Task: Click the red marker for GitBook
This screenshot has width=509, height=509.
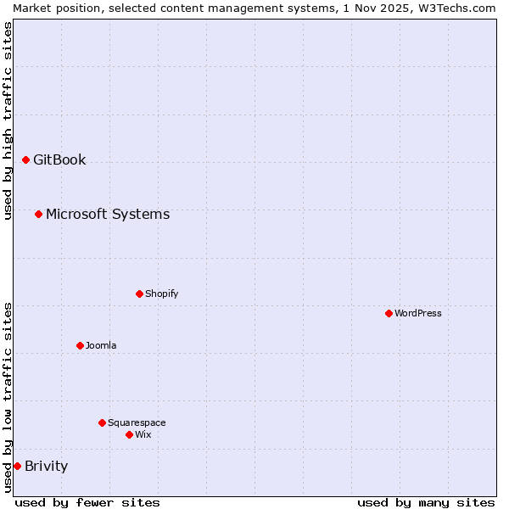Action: [x=25, y=159]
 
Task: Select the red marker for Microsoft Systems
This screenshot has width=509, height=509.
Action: [x=38, y=214]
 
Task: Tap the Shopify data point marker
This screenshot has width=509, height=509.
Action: [x=139, y=294]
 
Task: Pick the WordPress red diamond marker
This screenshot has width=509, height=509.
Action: [x=389, y=313]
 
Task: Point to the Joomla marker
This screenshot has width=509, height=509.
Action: [x=80, y=345]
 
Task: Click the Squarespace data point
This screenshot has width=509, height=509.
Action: [x=102, y=422]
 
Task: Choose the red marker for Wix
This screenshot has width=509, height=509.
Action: [x=129, y=434]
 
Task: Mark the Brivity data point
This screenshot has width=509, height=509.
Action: [x=17, y=466]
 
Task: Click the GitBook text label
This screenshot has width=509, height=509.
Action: [x=59, y=159]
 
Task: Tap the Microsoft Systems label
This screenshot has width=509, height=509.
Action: [x=108, y=214]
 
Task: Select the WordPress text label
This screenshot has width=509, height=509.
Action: [x=418, y=313]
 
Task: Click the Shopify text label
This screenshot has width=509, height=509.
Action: [x=162, y=294]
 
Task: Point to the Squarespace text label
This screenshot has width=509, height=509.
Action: [x=137, y=422]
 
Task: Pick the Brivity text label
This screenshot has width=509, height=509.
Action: [x=47, y=466]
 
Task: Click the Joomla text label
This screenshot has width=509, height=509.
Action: [x=101, y=345]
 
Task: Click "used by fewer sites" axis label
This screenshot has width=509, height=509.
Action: [x=87, y=502]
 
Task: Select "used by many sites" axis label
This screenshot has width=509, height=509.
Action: [x=426, y=502]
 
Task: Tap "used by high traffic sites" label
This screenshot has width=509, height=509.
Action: [x=8, y=120]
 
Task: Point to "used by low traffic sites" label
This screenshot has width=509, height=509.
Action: [x=8, y=397]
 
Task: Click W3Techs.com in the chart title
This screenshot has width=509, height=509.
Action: [x=456, y=8]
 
